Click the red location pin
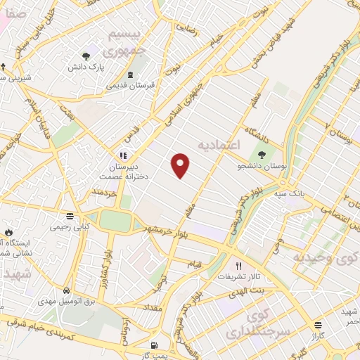181,165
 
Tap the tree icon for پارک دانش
86,56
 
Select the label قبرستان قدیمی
131,85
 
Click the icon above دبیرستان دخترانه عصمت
123,155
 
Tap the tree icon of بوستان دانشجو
262,154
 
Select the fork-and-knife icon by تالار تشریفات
238,266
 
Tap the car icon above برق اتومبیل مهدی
65,290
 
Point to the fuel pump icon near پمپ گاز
155,345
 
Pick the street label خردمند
104,191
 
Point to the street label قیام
194,264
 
